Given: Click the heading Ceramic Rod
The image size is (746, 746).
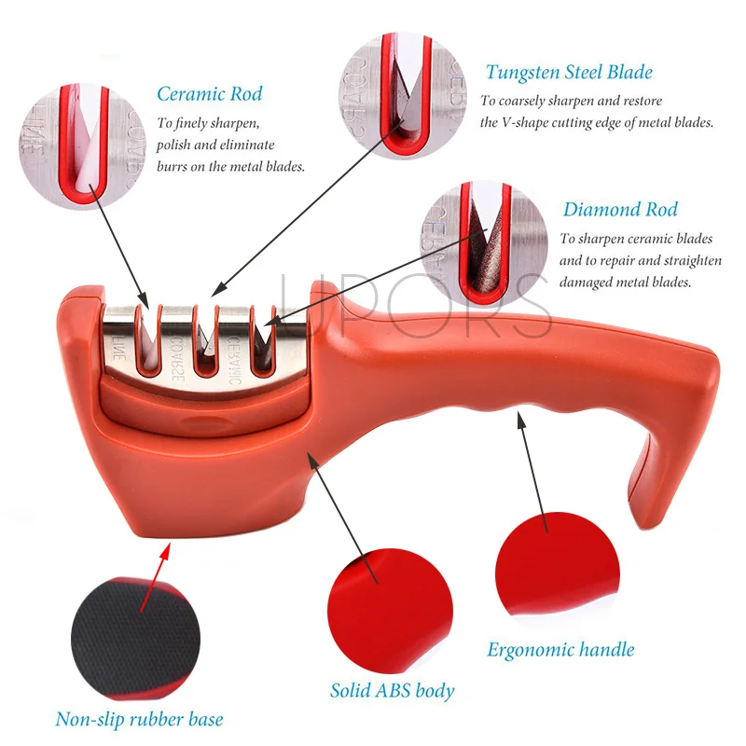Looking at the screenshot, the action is click(x=209, y=93).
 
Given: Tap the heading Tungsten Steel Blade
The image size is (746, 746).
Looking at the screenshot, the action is click(x=569, y=72).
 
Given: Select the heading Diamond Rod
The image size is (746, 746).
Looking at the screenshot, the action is click(x=620, y=210).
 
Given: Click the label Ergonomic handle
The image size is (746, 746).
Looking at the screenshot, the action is click(x=560, y=650).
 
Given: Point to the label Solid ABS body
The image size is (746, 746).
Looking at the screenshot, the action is click(x=393, y=691).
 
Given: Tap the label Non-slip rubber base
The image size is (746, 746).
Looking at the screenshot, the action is click(x=139, y=719).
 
